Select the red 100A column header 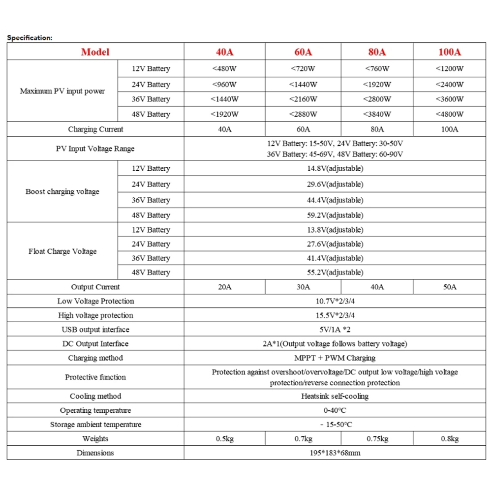pyautogui.click(x=450, y=52)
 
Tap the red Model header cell pyautogui.click(x=95, y=52)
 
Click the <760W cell pyautogui.click(x=377, y=69)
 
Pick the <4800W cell pyautogui.click(x=450, y=115)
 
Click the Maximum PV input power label pyautogui.click(x=62, y=91)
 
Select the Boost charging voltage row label pyautogui.click(x=62, y=191)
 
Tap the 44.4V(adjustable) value pyautogui.click(x=338, y=200)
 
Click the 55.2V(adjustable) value pyautogui.click(x=338, y=272)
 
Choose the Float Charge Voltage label pyautogui.click(x=62, y=251)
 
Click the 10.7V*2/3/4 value pyautogui.click(x=338, y=301)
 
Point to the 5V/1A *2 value pyautogui.click(x=338, y=330)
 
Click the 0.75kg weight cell pyautogui.click(x=377, y=438)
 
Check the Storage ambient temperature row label pyautogui.click(x=95, y=425)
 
